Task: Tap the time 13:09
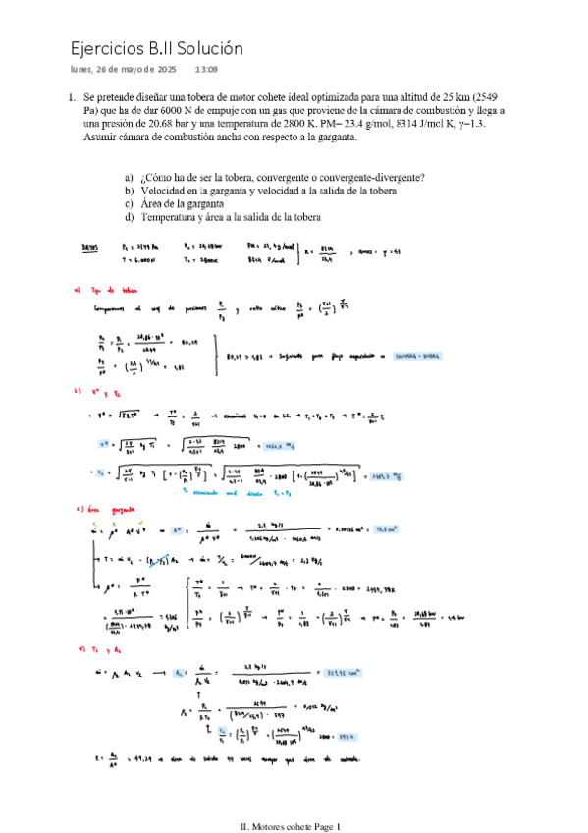(206, 70)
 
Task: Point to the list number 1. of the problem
(72, 98)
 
